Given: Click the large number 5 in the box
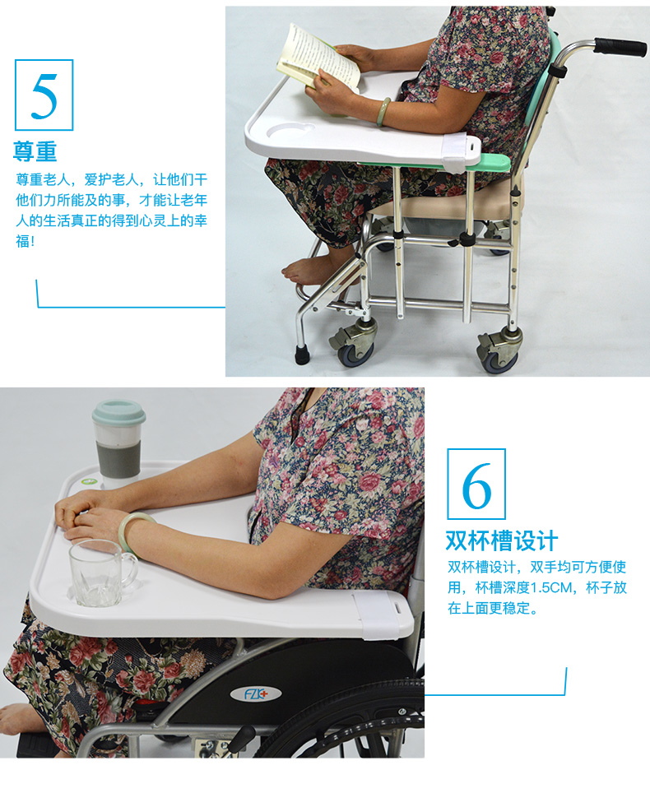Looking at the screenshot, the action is [44, 96].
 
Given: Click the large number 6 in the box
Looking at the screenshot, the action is [476, 485].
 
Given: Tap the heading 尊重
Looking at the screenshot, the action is [35, 151].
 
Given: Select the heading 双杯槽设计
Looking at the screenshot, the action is [501, 540].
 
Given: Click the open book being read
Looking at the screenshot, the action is [318, 57].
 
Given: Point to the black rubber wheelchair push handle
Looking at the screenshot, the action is [620, 46].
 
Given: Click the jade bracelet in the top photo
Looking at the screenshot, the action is [384, 111].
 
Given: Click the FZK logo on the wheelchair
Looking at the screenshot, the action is [255, 693].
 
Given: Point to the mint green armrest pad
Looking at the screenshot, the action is [492, 163].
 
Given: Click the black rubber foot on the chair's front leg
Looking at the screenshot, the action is [302, 355].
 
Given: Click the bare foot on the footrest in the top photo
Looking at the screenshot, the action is [309, 271].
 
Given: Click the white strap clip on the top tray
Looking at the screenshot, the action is [460, 152].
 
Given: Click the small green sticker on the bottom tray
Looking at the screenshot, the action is [90, 481].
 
